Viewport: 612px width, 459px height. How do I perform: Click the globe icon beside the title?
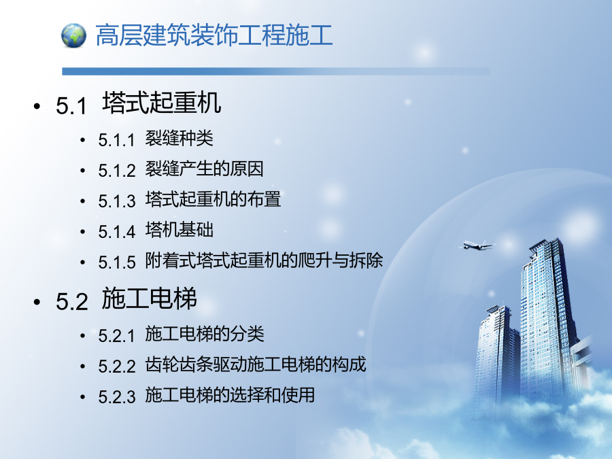pos(73,35)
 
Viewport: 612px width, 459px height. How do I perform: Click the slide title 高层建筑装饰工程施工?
pos(214,35)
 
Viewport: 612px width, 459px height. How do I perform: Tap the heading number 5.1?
pos(71,105)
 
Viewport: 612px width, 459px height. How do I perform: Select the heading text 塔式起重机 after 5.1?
pos(162,103)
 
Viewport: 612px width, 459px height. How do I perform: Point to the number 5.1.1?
pos(116,139)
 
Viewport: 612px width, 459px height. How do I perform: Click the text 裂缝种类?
pos(179,138)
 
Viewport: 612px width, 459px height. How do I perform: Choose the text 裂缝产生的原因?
pos(205,169)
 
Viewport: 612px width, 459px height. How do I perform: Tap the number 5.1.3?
pos(117,201)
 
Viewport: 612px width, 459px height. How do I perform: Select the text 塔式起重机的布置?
pos(213,199)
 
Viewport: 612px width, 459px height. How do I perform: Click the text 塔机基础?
pos(179,230)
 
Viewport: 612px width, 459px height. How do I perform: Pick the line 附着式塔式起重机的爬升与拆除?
pos(264,260)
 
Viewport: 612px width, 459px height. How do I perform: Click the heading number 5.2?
pos(72,301)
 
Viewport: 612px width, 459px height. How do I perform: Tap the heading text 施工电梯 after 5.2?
pos(149,299)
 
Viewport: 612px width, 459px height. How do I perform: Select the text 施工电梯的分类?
pos(205,334)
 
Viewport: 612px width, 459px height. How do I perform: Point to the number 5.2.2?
pos(117,366)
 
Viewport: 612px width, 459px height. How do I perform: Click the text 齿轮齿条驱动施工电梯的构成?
pos(256,364)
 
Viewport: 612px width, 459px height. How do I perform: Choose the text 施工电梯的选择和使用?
pos(230,394)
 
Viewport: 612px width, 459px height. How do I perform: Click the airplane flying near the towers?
pos(477,245)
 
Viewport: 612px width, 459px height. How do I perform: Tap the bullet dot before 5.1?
pos(37,106)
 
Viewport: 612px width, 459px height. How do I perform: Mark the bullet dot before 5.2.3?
pos(83,397)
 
